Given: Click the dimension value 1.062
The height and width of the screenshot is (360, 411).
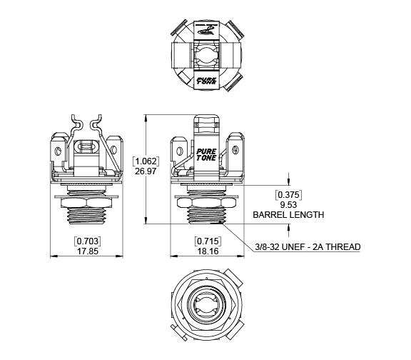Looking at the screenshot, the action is (x=146, y=161).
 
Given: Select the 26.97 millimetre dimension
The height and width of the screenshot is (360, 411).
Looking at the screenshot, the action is (x=146, y=171).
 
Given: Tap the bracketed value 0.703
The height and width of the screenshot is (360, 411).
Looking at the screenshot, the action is (x=88, y=241).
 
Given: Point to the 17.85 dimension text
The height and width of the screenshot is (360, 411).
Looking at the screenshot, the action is (x=88, y=251).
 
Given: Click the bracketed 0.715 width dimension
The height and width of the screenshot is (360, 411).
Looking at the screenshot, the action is (x=208, y=241).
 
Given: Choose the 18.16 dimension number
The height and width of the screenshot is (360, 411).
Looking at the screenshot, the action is (x=208, y=251).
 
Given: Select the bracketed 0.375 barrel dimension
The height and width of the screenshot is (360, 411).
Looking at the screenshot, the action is (x=288, y=195).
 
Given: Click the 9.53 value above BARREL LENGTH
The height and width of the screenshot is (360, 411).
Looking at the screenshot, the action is (x=288, y=205).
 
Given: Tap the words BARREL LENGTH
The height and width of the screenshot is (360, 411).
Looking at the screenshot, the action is (x=288, y=215).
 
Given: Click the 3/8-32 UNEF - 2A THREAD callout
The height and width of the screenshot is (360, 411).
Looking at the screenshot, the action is (x=308, y=247).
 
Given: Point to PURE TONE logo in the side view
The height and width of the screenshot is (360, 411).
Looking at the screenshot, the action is (x=206, y=154).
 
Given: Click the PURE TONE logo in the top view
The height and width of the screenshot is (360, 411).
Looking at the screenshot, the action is (x=206, y=81).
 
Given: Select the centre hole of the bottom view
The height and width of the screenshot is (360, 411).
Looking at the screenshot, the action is (x=206, y=305).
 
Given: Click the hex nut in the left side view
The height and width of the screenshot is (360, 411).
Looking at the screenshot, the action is (x=86, y=203).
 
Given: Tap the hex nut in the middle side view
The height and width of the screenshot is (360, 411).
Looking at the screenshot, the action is (x=206, y=203).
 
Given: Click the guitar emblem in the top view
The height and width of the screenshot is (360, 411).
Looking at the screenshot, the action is (x=206, y=29).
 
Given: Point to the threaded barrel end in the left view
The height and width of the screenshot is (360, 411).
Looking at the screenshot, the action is (x=87, y=216).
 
